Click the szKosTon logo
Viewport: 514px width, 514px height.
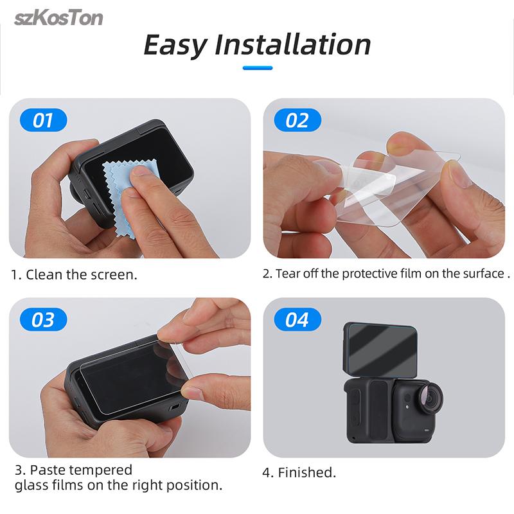click(58, 17)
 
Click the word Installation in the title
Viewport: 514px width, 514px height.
click(293, 44)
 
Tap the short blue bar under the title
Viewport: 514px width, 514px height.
click(257, 67)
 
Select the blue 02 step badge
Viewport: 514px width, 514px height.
click(297, 120)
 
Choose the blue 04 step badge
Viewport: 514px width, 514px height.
click(297, 319)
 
